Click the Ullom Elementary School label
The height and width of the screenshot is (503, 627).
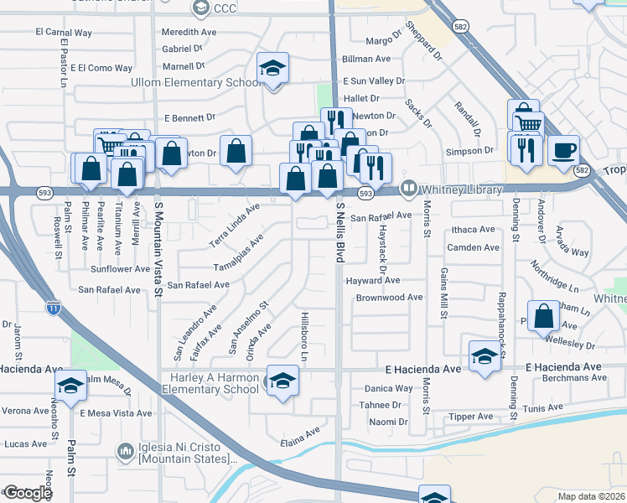point(194,83)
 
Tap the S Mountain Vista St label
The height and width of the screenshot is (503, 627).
point(158,247)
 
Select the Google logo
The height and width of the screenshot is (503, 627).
point(27,493)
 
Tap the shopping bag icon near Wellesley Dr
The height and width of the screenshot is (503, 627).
point(544,315)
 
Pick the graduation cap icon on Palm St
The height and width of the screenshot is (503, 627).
point(71,385)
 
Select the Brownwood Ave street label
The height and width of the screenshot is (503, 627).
point(389,298)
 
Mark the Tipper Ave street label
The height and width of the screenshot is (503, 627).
point(473,417)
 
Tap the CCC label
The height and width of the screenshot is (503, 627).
point(225,9)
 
